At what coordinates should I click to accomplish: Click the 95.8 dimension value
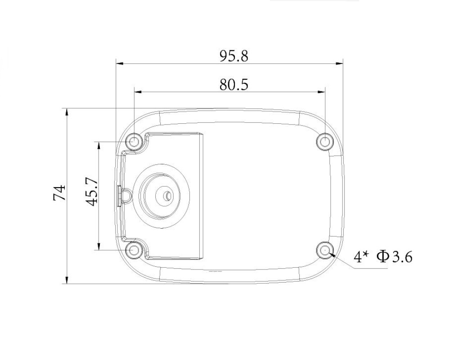coord(234,56)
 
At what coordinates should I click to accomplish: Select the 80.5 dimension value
coord(234,85)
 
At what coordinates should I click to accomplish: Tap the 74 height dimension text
coord(59,193)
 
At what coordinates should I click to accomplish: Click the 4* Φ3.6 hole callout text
coord(382,257)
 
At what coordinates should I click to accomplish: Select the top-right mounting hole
coord(325,141)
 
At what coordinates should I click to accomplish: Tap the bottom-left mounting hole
coord(134,250)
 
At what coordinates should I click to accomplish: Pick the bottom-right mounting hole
coord(325,250)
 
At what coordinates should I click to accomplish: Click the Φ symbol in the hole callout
coord(382,257)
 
